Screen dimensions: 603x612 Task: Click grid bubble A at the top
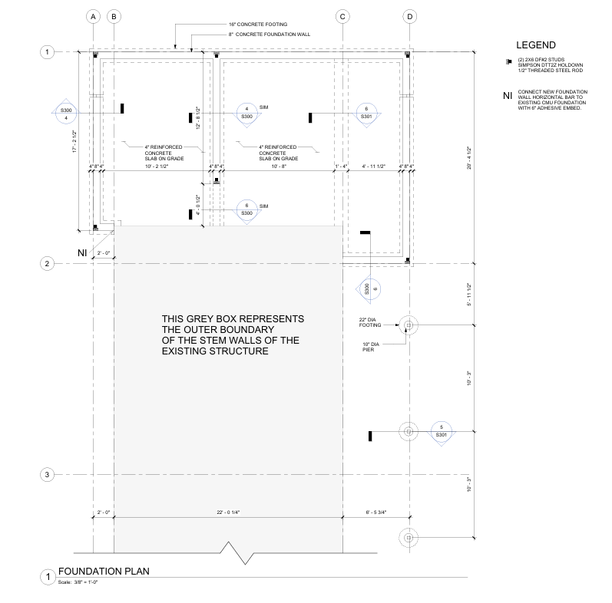pyautogui.click(x=93, y=15)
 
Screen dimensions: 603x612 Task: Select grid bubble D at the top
pyautogui.click(x=409, y=15)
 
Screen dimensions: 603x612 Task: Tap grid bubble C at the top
pyautogui.click(x=342, y=15)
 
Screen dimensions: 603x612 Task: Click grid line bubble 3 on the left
pyautogui.click(x=48, y=475)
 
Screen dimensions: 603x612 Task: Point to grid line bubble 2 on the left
pyautogui.click(x=48, y=263)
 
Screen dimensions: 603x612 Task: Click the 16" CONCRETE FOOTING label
pyautogui.click(x=258, y=25)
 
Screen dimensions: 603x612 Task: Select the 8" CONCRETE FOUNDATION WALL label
pyautogui.click(x=269, y=35)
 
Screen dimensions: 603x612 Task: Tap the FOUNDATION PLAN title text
pyautogui.click(x=104, y=571)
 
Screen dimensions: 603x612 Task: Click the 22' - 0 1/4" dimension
pyautogui.click(x=228, y=512)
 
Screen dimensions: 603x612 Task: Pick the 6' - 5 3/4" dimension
pyautogui.click(x=375, y=512)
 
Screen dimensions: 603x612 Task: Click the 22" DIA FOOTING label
pyautogui.click(x=370, y=322)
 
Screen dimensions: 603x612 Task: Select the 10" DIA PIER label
pyautogui.click(x=373, y=347)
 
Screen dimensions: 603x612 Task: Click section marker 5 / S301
pyautogui.click(x=441, y=431)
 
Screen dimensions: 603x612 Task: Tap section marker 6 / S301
pyautogui.click(x=366, y=113)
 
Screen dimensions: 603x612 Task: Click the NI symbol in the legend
pyautogui.click(x=506, y=96)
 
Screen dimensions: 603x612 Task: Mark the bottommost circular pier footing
pyautogui.click(x=409, y=537)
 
